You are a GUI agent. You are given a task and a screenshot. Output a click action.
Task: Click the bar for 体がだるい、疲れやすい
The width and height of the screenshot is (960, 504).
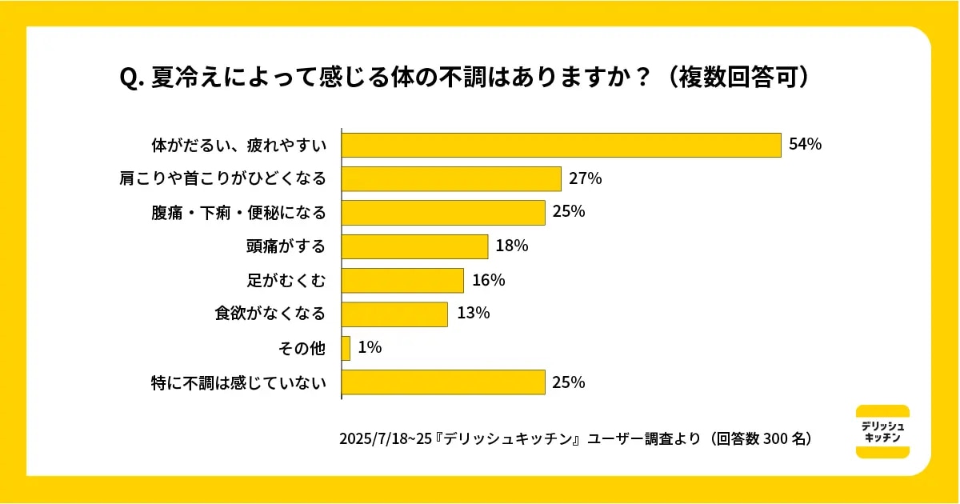coord(561,145)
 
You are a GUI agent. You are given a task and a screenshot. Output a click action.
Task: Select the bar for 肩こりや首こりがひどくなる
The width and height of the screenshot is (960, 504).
coord(451,178)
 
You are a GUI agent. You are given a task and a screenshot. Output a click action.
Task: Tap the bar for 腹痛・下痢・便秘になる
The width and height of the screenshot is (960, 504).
coord(443,212)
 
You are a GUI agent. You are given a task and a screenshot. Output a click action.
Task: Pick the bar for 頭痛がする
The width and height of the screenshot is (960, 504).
coord(414,246)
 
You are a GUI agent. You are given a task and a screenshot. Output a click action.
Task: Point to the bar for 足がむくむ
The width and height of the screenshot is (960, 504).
coord(402,280)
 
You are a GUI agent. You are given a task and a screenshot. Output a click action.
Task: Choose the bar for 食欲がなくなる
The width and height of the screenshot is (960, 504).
coord(394,314)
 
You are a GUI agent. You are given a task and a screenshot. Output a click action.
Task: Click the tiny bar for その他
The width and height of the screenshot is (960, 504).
coord(346,348)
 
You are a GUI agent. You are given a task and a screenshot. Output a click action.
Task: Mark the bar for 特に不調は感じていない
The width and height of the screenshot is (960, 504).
coord(443,382)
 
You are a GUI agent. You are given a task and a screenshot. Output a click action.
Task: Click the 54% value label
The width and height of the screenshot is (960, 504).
coord(805,145)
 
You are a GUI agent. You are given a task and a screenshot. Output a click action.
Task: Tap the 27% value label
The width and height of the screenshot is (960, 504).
coord(585,178)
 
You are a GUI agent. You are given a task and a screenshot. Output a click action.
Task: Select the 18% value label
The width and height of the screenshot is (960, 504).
coord(511,246)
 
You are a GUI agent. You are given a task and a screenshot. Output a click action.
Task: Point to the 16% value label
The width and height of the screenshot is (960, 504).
coord(488,280)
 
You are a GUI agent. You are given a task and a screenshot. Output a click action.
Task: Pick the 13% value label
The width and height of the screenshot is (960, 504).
coord(472,314)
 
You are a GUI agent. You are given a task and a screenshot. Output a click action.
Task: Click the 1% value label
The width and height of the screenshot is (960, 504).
coord(370,348)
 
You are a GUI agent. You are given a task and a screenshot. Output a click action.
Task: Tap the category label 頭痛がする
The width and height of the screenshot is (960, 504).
coord(286,246)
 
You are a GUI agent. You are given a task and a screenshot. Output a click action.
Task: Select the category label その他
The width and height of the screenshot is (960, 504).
coord(302,348)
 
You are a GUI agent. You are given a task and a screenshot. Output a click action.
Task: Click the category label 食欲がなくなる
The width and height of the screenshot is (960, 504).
coord(270,314)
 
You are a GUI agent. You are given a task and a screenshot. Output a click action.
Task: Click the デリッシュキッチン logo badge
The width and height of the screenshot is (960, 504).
coord(882,432)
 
